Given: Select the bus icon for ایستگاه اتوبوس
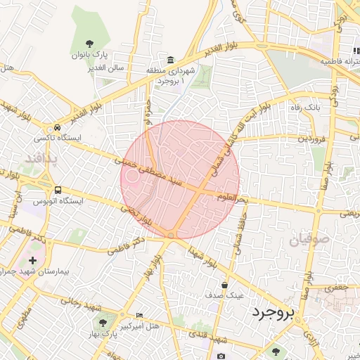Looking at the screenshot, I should pos(58,189).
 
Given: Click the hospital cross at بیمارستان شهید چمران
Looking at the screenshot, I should pos(32,260).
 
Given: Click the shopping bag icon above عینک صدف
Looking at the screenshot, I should pos(224,285).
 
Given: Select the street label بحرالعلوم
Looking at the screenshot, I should pos(233,198).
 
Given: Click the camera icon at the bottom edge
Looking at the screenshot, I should pos(221,356).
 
